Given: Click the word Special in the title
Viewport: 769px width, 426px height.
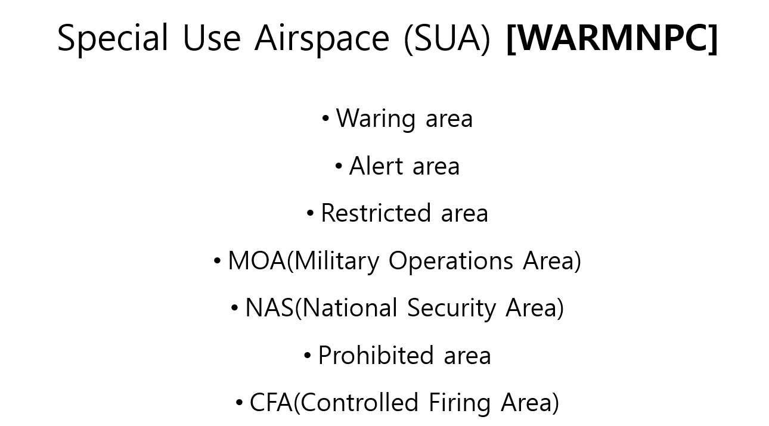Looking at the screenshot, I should pyautogui.click(x=113, y=39).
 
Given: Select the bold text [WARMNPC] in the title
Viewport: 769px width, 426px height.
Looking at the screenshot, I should pyautogui.click(x=612, y=39).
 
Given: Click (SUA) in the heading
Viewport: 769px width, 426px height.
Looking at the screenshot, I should pyautogui.click(x=446, y=39).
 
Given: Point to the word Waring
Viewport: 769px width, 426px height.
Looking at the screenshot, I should pyautogui.click(x=376, y=119).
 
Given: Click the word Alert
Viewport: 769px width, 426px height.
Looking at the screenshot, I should pyautogui.click(x=376, y=166).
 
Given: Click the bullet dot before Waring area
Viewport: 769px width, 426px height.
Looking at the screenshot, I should pyautogui.click(x=325, y=119).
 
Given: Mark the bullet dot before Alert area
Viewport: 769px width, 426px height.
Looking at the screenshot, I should pyautogui.click(x=339, y=166).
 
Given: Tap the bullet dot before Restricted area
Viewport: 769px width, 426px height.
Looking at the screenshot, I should pyautogui.click(x=310, y=213).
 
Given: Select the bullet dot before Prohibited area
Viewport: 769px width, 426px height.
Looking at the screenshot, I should pyautogui.click(x=308, y=356).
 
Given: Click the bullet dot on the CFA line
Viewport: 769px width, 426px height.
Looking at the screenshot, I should pyautogui.click(x=239, y=403).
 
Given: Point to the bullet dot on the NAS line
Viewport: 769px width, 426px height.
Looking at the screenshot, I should pyautogui.click(x=235, y=309).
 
